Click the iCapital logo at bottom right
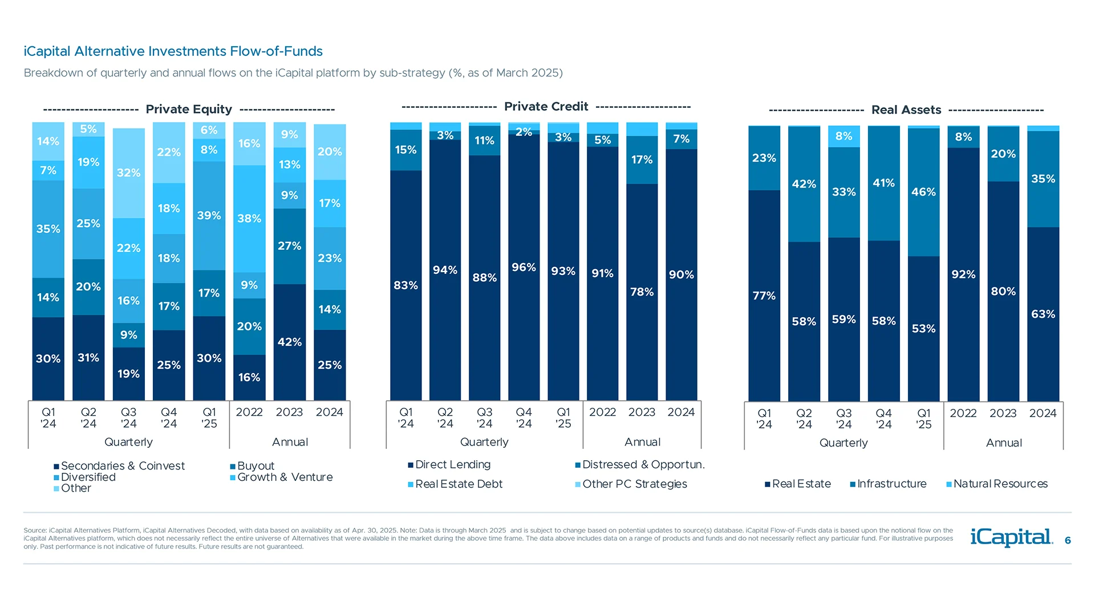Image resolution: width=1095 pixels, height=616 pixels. [1011, 537]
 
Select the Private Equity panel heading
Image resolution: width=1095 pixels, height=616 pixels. [189, 109]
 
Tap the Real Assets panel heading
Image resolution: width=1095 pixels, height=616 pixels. [906, 110]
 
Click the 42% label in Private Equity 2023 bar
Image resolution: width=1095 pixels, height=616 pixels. [289, 342]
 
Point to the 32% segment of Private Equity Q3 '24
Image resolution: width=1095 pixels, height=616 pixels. [128, 172]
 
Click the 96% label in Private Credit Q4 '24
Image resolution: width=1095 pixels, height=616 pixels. [524, 268]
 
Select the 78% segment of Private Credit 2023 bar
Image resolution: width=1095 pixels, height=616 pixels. [642, 292]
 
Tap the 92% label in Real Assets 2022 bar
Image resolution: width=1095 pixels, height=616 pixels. [963, 274]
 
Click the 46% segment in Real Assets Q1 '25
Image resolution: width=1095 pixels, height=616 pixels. [923, 192]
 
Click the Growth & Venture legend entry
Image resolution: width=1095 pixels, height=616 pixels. [285, 477]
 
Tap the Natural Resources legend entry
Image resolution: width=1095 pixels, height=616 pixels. [1000, 484]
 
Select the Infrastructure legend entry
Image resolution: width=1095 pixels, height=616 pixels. [891, 484]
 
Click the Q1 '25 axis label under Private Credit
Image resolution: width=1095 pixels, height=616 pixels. [563, 418]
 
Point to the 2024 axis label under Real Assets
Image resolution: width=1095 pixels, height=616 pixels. [1043, 414]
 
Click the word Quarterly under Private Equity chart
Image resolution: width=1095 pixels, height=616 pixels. [128, 442]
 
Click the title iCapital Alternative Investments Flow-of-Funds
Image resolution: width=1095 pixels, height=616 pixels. [173, 51]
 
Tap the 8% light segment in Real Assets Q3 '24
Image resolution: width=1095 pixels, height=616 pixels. [843, 136]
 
